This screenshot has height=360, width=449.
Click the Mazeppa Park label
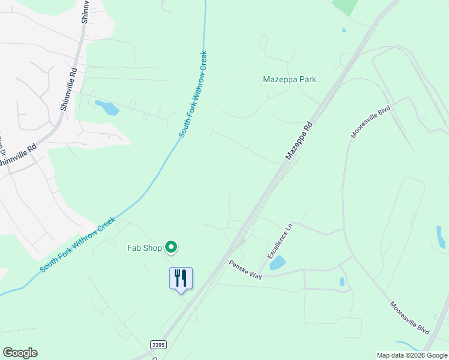tap(289, 79)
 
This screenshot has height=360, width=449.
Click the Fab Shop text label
tap(144, 247)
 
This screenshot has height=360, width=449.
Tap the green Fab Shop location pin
tap(171, 247)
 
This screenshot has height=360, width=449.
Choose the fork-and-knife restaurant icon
tap(181, 278)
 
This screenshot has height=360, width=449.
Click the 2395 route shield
tap(158, 345)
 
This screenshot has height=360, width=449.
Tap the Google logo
tap(20, 353)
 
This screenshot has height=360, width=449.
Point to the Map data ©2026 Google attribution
tap(411, 355)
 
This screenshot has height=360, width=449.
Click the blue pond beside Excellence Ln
tap(278, 263)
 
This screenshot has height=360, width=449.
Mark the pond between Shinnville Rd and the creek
tap(107, 108)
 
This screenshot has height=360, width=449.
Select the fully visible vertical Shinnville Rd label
tap(68, 89)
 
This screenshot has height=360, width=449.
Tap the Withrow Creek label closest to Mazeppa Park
tap(194, 94)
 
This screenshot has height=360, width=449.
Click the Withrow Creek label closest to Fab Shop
tap(77, 245)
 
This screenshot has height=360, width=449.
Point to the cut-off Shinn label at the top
tap(85, 11)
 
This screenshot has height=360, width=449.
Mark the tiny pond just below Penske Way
tap(342, 281)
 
